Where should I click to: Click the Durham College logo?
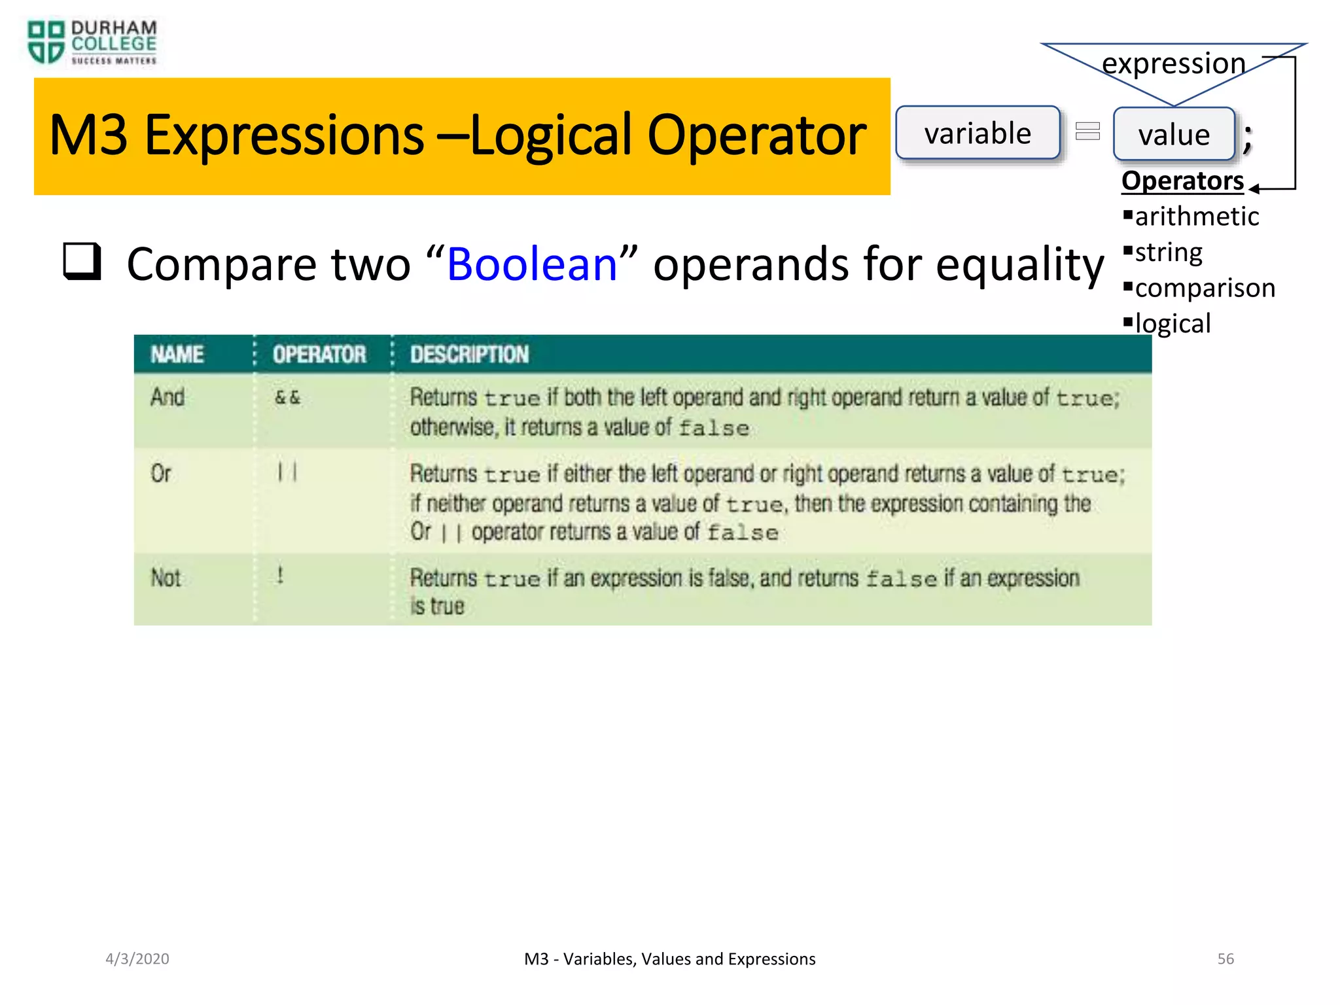(92, 43)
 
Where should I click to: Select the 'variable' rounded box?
(978, 133)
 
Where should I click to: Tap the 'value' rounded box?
(1174, 135)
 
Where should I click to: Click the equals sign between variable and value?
(1087, 132)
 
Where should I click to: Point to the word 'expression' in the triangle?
(1173, 63)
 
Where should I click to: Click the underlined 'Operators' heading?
(1182, 181)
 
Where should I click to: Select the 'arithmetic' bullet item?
(1196, 217)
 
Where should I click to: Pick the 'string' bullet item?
(1168, 253)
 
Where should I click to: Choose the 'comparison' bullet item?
(1205, 288)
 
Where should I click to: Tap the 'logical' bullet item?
(1172, 323)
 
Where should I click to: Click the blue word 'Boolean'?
(532, 264)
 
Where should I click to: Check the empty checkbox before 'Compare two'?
(82, 261)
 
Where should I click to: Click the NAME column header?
(177, 355)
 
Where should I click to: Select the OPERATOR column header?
(319, 355)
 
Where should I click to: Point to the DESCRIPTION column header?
(469, 355)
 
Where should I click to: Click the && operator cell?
(287, 397)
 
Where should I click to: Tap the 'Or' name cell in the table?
(161, 473)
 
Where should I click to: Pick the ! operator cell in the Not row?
(280, 576)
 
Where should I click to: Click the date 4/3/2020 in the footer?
(137, 959)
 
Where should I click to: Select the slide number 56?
(1225, 959)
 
